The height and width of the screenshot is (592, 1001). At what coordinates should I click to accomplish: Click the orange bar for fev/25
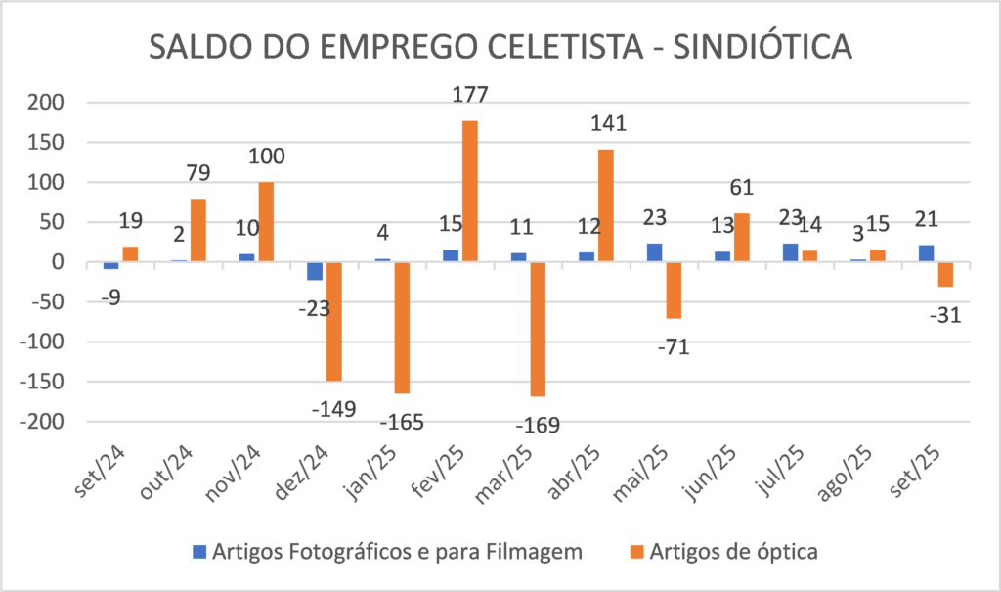click(x=469, y=191)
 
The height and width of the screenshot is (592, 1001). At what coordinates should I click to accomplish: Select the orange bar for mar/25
click(x=537, y=329)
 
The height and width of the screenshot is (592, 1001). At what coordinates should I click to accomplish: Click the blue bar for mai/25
click(x=654, y=252)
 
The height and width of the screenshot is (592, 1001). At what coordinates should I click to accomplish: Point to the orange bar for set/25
click(x=944, y=274)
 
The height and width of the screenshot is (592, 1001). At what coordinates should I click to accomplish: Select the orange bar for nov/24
click(x=266, y=222)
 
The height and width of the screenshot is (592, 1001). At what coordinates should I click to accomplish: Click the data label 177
click(x=469, y=96)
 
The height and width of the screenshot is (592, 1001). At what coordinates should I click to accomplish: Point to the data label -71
click(x=674, y=346)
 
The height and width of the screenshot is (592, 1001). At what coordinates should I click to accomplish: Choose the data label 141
click(x=606, y=124)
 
